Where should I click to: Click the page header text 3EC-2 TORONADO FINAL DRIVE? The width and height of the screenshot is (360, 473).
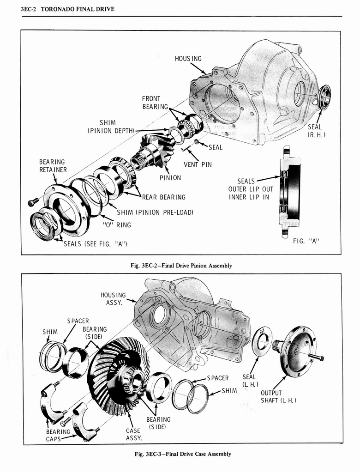[67, 9]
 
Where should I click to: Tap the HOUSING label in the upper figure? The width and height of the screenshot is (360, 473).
[188, 59]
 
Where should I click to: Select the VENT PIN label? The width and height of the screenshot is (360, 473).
[198, 164]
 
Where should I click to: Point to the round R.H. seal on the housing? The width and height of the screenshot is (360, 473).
[324, 97]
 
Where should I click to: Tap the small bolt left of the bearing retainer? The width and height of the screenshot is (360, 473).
[33, 202]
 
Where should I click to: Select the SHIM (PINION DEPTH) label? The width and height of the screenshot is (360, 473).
[110, 127]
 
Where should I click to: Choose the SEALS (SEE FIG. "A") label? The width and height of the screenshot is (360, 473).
[95, 243]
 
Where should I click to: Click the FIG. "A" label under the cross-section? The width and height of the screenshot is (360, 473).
[306, 241]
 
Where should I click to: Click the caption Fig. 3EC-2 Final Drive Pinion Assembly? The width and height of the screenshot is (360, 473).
[181, 266]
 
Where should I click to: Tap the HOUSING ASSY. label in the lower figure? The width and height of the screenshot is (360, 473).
[113, 299]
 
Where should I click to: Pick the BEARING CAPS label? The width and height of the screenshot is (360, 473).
[58, 435]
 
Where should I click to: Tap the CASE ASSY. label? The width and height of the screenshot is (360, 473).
[133, 434]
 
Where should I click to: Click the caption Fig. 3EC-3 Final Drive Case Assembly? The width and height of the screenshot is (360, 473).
[181, 454]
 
